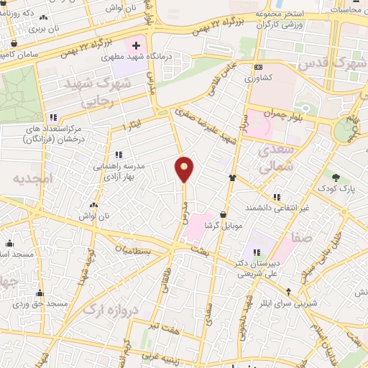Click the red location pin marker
click(x=185, y=169)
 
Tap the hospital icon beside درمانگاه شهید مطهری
click(x=137, y=46)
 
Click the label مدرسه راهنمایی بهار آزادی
click(x=119, y=170)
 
